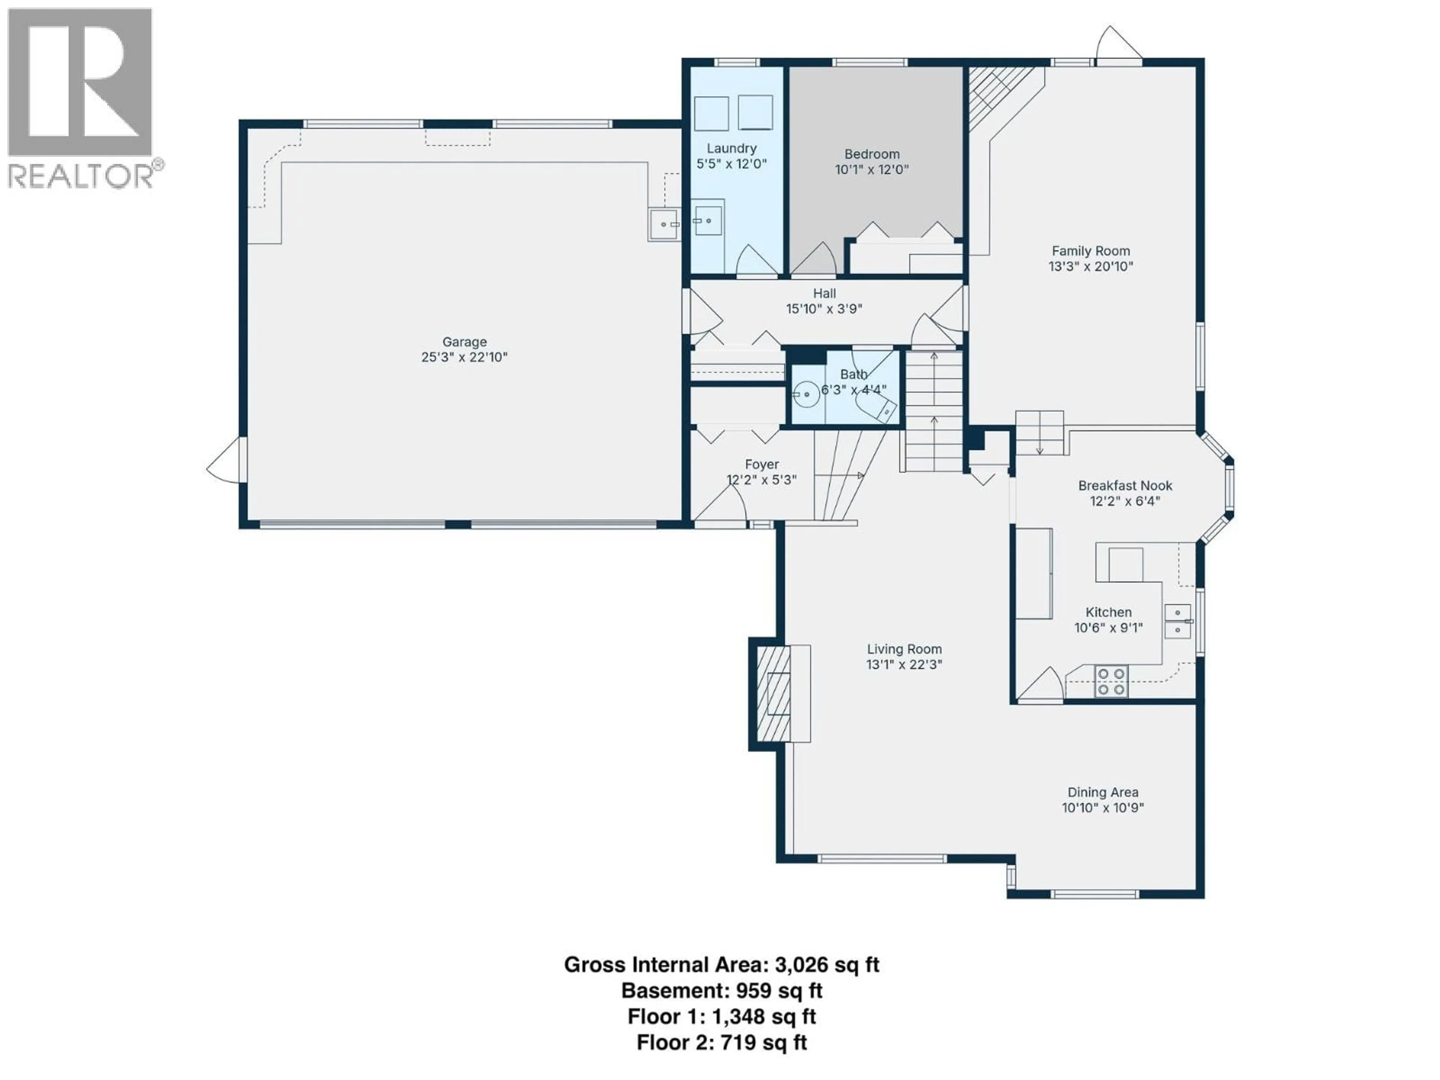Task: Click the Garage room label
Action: coord(464,342)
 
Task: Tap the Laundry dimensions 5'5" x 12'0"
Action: coord(732,164)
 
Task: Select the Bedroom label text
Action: coord(871,154)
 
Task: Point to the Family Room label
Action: coord(1090,250)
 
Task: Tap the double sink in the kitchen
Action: coord(1177,621)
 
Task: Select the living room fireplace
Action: coord(775,694)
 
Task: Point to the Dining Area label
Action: coord(1103,792)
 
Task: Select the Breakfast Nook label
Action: coord(1125,486)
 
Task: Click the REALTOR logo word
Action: coord(81,176)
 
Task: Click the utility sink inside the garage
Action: coord(664,225)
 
